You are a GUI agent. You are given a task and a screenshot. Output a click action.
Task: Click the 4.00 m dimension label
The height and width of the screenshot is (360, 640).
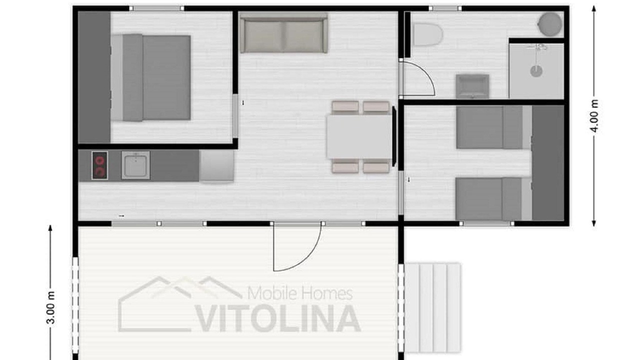[594, 116]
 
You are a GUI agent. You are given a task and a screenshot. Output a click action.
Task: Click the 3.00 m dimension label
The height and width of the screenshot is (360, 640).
[50, 307]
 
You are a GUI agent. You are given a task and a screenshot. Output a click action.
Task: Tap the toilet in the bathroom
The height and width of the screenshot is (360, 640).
[427, 35]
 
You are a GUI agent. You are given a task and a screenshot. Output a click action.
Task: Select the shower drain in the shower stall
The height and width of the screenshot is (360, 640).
[536, 71]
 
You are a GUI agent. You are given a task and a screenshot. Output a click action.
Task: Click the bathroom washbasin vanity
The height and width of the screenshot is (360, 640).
[472, 86]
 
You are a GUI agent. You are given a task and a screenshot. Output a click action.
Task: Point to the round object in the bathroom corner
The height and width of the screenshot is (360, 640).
[550, 24]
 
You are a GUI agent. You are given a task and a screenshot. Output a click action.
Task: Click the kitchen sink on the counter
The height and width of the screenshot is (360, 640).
[135, 165]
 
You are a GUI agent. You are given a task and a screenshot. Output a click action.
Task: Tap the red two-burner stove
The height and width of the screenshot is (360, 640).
[99, 165]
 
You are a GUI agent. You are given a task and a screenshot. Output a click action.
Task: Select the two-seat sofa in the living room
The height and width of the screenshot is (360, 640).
[283, 33]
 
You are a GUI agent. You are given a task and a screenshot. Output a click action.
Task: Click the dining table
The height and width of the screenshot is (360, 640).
[359, 136]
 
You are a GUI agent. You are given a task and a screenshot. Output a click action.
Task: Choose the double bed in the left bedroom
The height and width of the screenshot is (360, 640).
[150, 77]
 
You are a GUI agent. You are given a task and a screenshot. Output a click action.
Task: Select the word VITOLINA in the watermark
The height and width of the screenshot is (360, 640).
[277, 318]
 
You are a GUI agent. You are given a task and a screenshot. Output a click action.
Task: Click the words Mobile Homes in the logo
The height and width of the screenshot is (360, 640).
[300, 293]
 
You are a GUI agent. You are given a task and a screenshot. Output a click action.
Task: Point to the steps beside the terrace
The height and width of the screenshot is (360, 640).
[433, 307]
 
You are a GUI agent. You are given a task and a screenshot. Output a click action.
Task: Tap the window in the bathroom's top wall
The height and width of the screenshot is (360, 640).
[445, 8]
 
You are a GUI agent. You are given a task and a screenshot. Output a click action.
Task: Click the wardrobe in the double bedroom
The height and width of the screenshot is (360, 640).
[94, 77]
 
